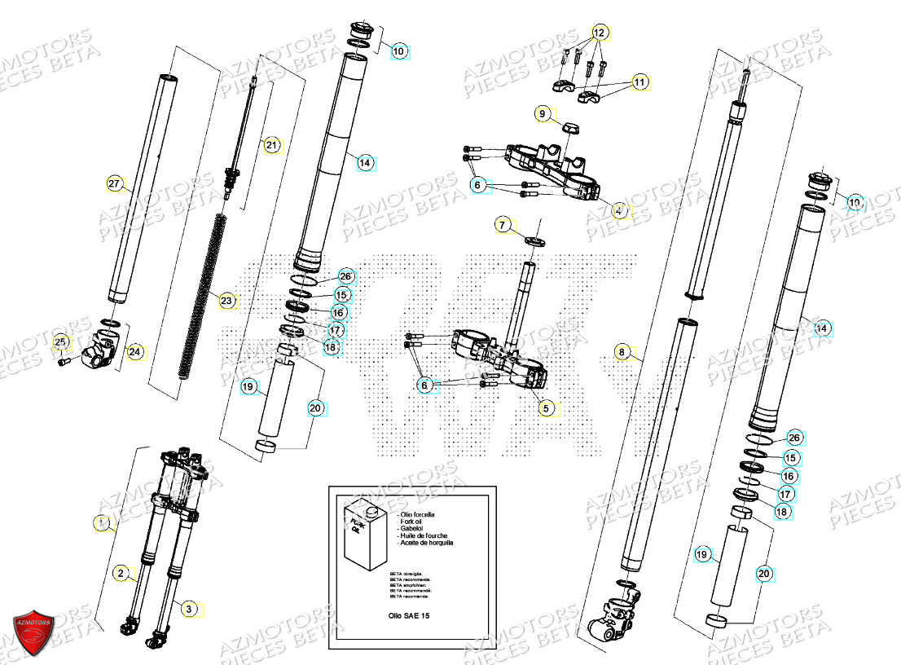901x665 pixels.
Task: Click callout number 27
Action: point(114,184)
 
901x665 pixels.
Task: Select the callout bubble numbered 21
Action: point(272,146)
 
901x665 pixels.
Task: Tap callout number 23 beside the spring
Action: point(226,301)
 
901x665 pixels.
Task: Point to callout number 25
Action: point(60,341)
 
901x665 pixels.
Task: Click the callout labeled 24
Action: point(134,352)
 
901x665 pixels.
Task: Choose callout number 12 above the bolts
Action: point(600,33)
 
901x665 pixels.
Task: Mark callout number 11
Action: point(639,82)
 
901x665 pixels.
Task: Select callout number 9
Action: point(543,114)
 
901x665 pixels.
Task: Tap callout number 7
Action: point(503,224)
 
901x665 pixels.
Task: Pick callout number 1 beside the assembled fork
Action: point(102,524)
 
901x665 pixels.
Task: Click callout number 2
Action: point(120,574)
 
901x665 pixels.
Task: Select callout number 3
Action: point(188,608)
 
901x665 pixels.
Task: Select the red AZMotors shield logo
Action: point(33,628)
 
